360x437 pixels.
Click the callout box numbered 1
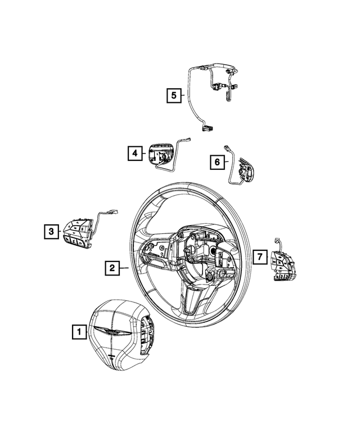(x=79, y=332)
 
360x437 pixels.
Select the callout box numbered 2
(x=112, y=269)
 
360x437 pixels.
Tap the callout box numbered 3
(x=51, y=230)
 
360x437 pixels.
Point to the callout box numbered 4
(x=134, y=152)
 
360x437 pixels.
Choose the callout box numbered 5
(x=174, y=96)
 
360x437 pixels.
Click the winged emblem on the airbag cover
(x=111, y=332)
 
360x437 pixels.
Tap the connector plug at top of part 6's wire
(x=226, y=147)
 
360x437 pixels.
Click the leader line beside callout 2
(x=125, y=269)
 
